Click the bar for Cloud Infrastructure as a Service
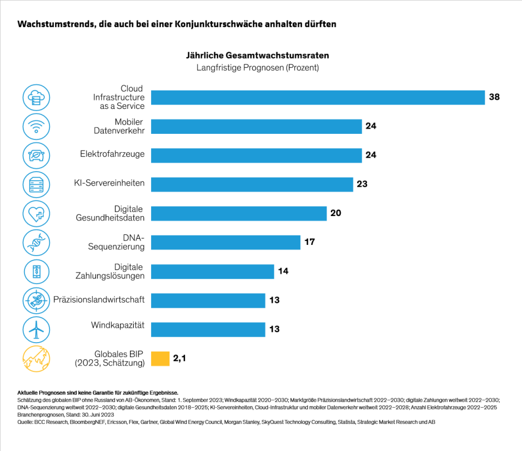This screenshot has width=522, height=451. coord(318,97)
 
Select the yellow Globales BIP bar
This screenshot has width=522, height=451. coord(160,358)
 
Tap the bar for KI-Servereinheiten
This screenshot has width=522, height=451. coord(252,184)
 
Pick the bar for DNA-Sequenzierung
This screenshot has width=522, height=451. coord(225,242)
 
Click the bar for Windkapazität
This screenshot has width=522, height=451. coord(208,329)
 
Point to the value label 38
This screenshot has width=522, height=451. coord(494,97)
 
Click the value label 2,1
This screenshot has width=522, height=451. coord(179,358)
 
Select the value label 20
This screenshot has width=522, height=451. coord(335,213)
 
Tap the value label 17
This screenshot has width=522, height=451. coord(309,242)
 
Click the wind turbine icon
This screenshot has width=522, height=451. coord(37,330)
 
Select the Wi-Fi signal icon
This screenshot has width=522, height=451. coord(37,126)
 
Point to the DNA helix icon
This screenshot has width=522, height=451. coord(37,243)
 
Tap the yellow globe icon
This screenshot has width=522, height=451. coord(37,359)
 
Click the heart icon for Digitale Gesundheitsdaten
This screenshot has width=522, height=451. coord(37,213)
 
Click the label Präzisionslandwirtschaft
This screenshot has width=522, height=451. coord(99,299)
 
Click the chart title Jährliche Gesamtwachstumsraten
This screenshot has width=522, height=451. coord(257,56)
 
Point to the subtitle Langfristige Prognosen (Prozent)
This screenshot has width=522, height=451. coord(257,68)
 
